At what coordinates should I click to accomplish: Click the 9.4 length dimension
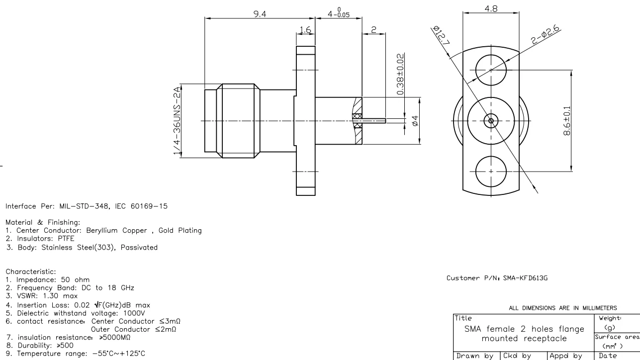click(259, 14)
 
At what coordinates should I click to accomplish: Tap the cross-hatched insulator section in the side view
click(356, 120)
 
